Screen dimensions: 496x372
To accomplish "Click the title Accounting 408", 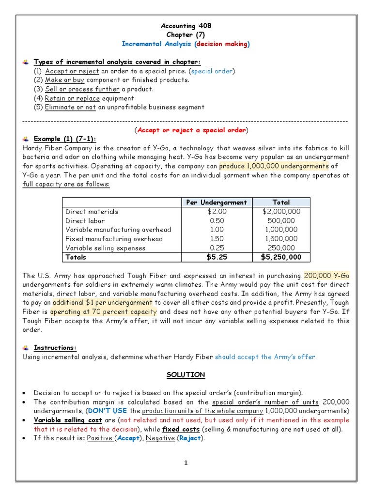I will coord(186,26).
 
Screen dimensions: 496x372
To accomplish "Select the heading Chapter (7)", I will coord(186,35).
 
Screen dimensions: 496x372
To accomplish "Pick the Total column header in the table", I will coord(281,202).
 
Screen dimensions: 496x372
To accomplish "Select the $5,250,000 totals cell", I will coord(281,257).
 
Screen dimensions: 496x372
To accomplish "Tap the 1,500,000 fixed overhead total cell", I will coord(281,239).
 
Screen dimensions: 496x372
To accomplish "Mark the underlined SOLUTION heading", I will coord(186,375).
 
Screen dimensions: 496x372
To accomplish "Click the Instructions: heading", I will coord(55,348).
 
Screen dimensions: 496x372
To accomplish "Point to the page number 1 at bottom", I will coord(186,463).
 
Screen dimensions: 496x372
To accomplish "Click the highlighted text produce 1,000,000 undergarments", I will coord(274,166).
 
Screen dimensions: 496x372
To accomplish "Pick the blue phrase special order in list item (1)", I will coord(211,71).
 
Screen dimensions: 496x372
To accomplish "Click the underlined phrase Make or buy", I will coord(65,80).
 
